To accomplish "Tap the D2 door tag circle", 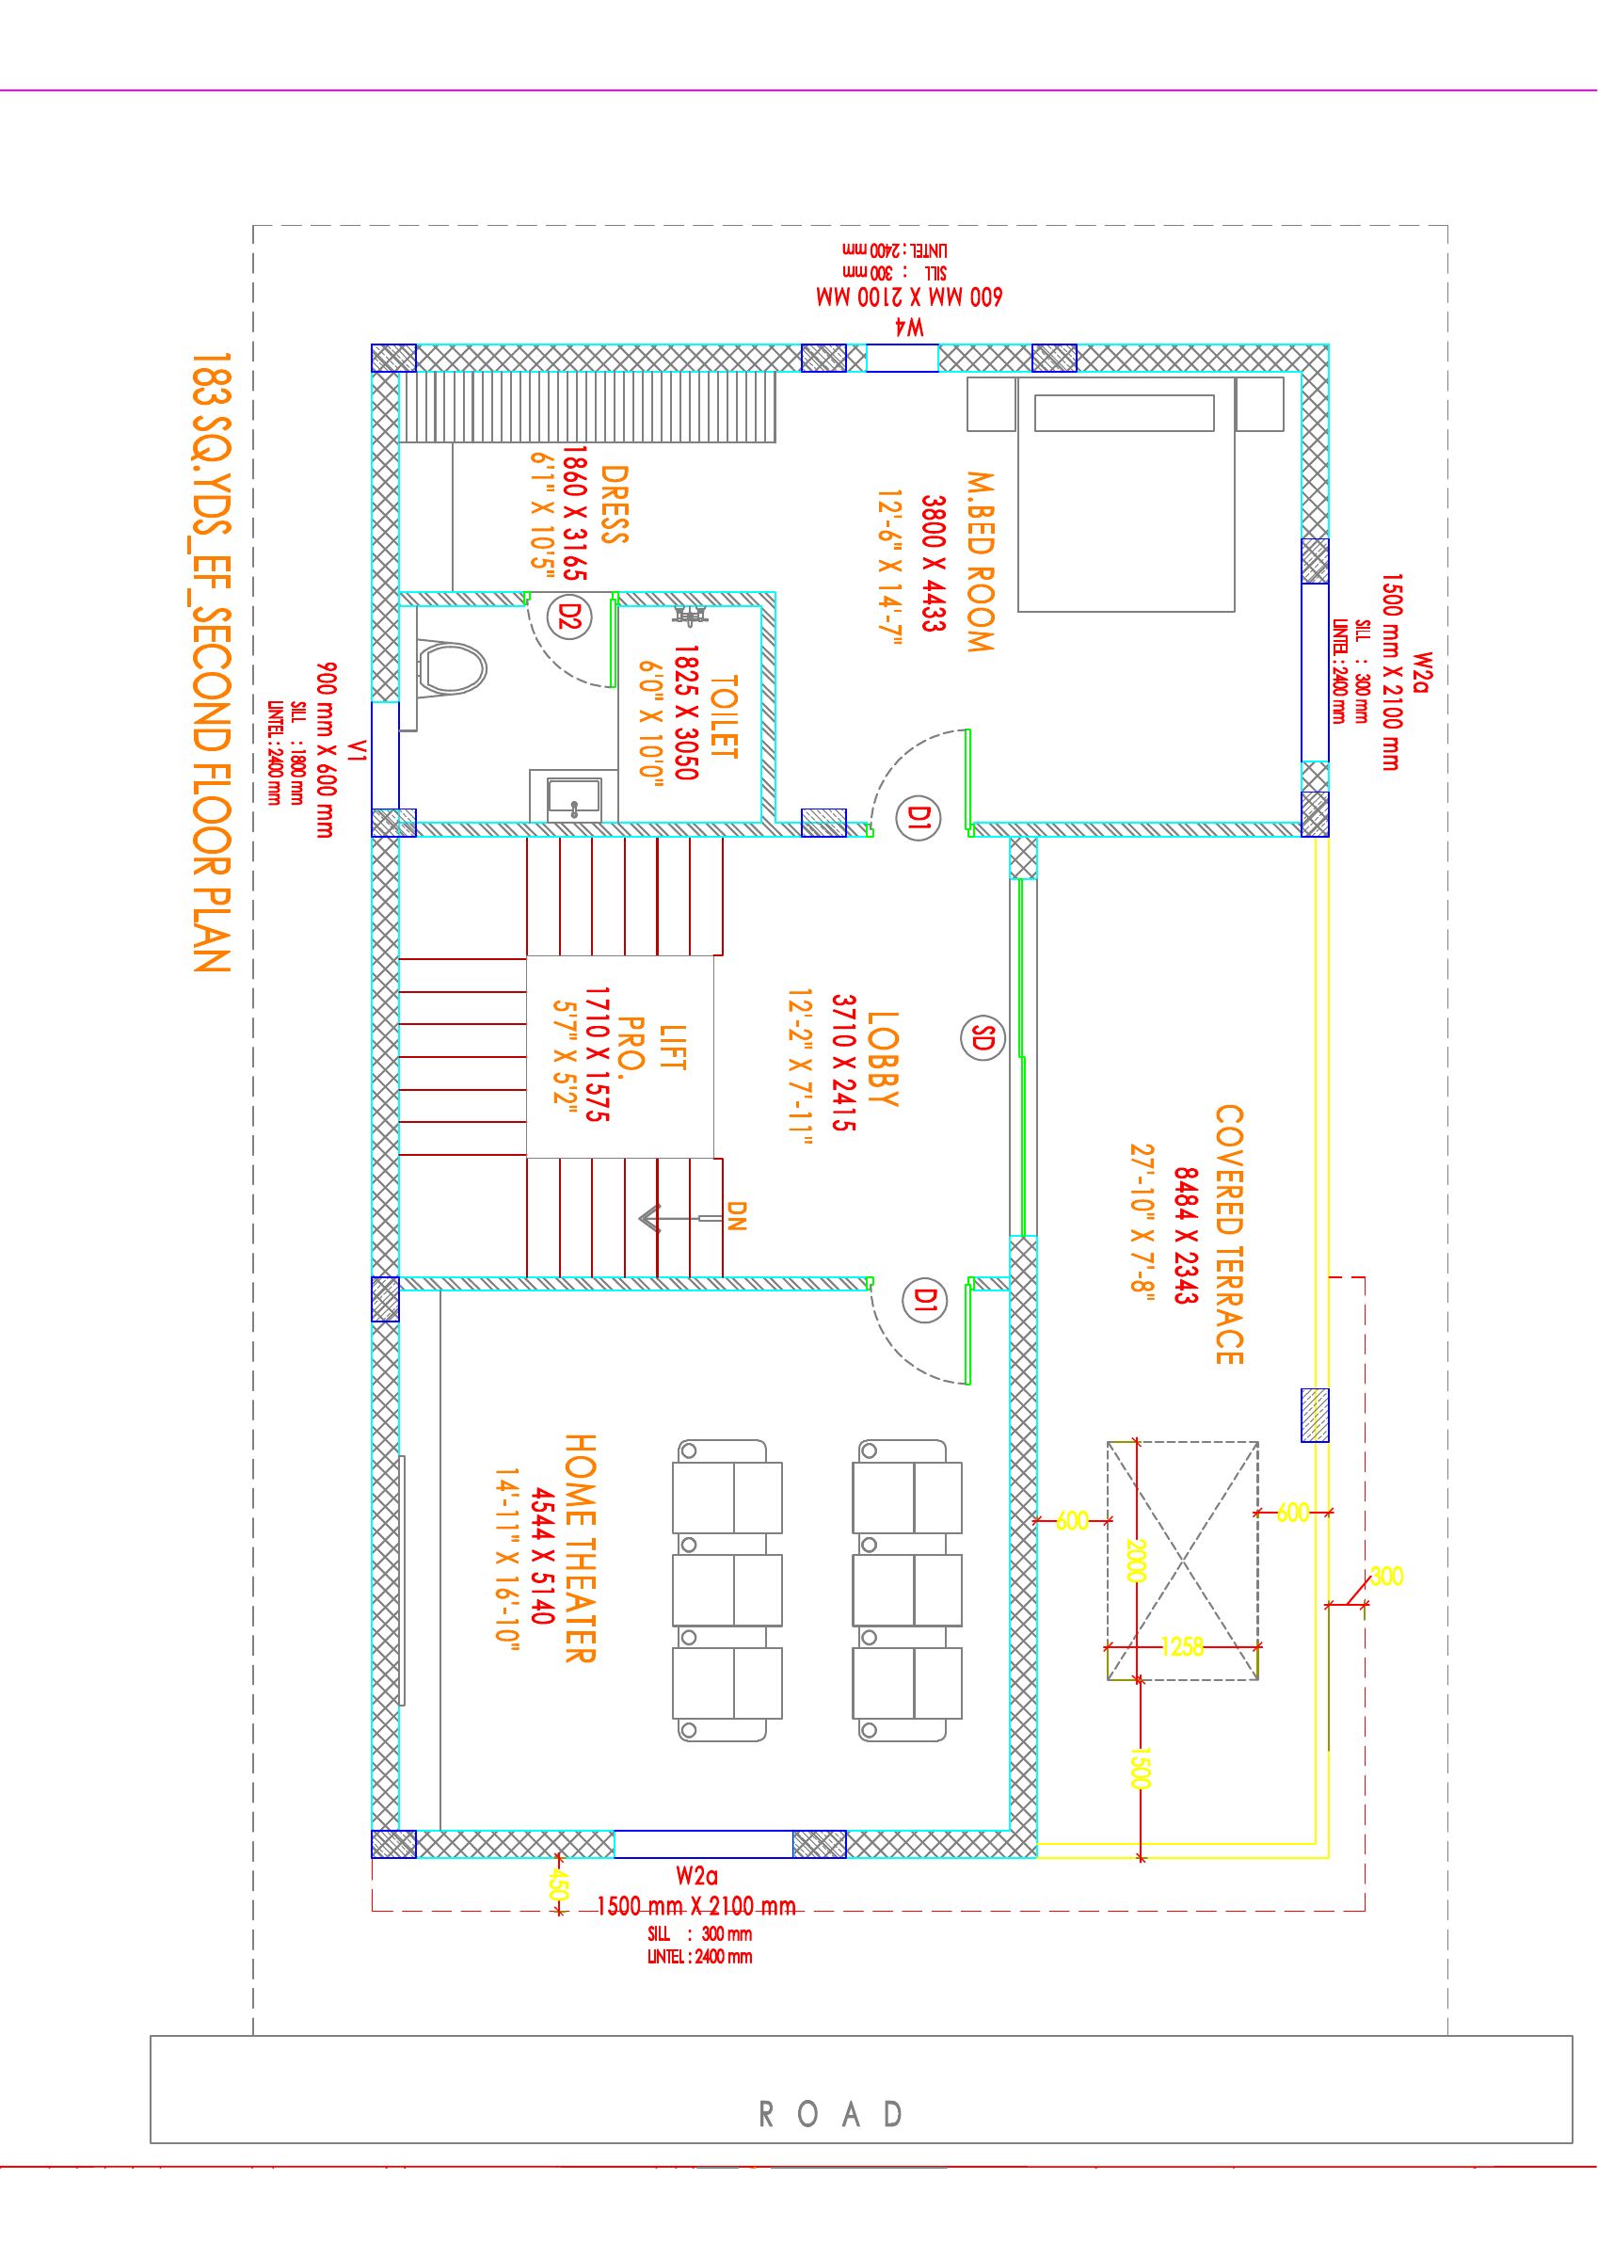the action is tap(569, 617).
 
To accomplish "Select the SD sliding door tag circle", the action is tap(982, 1038).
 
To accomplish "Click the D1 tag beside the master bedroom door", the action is tap(919, 818).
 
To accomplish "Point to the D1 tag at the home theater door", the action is tap(925, 1300).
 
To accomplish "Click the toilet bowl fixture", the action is tap(452, 668).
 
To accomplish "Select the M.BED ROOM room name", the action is tap(980, 562).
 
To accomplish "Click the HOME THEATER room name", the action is tap(581, 1547).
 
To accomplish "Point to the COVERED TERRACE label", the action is tap(1230, 1234).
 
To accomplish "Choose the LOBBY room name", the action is tap(883, 1059).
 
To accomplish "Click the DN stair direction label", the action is tap(736, 1216).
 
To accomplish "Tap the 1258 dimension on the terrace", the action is tap(1182, 1647).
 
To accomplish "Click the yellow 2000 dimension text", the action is tap(1137, 1561).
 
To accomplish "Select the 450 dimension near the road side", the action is tap(558, 1885).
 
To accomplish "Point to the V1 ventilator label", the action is tap(358, 751).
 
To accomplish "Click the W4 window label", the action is tap(909, 328).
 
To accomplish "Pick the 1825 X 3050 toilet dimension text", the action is tap(687, 713).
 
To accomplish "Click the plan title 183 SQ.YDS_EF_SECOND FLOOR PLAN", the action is tap(211, 662).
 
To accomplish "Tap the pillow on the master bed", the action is tap(1124, 413).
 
